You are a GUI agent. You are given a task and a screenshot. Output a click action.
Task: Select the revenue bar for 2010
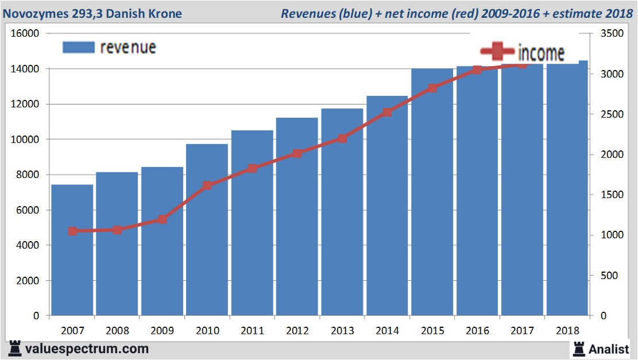tap(207, 230)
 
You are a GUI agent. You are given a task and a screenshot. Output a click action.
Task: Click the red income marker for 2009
tap(163, 219)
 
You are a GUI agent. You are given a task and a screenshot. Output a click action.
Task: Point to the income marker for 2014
tap(388, 112)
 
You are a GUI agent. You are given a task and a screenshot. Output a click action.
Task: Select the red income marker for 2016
tap(477, 70)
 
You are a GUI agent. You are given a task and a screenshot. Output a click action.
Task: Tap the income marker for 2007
tap(72, 231)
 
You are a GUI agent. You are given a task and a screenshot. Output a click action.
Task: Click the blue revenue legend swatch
tap(78, 47)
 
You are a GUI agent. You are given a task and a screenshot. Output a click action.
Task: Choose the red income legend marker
tap(493, 52)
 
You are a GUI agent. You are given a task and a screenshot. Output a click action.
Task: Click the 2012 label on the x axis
tap(297, 331)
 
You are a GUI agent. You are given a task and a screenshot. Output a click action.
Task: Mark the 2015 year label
tap(432, 331)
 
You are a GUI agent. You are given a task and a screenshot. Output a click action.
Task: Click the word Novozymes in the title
tap(34, 13)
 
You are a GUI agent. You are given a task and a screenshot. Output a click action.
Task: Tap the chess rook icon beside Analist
tap(579, 349)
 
